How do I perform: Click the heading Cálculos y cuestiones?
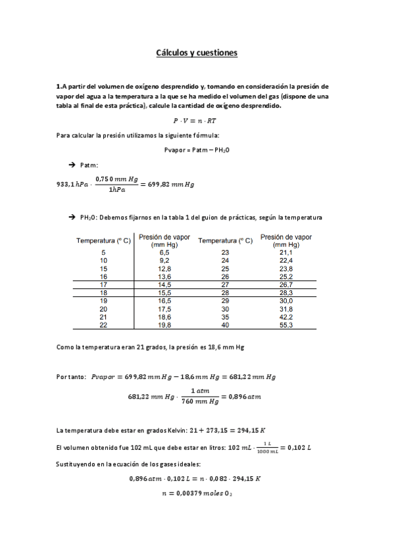coord(197,52)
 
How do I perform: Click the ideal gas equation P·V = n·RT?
coord(197,120)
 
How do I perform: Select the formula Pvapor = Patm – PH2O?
coord(197,150)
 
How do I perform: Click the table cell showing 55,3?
coord(286,324)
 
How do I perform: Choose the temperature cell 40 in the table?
coord(226,324)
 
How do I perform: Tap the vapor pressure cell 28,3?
coord(286,292)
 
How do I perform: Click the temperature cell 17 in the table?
coord(103,284)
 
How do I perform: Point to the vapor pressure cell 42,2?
coord(286,317)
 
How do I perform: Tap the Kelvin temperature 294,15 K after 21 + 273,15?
coord(246,430)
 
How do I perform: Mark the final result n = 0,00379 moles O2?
coord(197,493)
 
